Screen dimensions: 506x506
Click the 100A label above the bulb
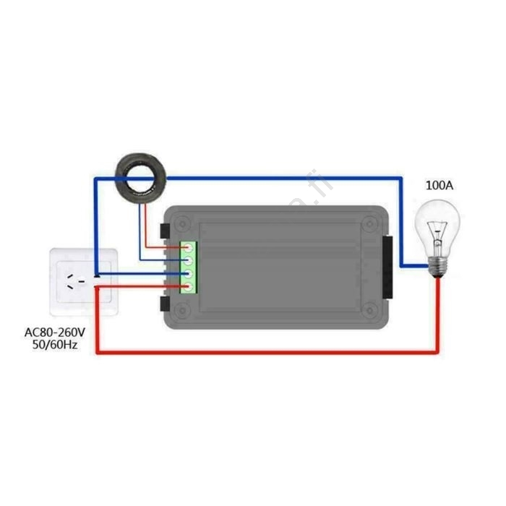pos(439,186)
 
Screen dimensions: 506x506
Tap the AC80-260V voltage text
pos(55,333)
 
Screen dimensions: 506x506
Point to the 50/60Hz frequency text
pos(55,346)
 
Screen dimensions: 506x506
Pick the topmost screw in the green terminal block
pos(189,248)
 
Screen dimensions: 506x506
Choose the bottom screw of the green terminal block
pos(189,287)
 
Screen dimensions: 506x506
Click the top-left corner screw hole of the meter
pos(181,220)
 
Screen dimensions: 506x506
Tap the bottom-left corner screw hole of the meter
pos(181,312)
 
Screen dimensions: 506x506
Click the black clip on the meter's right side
pos(388,267)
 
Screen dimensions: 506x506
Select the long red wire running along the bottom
pos(267,352)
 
